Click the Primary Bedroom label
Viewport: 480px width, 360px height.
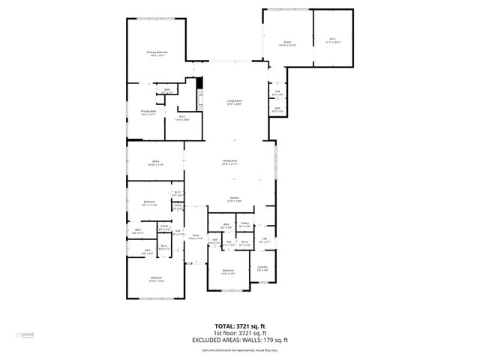click(x=157, y=53)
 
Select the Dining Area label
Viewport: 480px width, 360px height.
click(x=229, y=161)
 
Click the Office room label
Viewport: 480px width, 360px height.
click(x=155, y=162)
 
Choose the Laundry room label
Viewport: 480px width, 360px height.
click(x=262, y=268)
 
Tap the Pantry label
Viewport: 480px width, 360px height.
click(x=244, y=225)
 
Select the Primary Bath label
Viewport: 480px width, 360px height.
click(x=148, y=113)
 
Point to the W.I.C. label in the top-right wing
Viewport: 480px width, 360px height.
click(x=333, y=41)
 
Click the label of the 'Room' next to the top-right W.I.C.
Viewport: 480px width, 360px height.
click(x=287, y=43)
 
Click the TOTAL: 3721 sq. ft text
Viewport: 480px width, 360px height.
click(x=240, y=325)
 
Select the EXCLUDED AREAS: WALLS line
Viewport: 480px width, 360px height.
click(x=240, y=340)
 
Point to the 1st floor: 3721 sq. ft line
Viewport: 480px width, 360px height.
click(x=240, y=333)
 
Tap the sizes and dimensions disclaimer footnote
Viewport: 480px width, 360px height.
click(x=240, y=349)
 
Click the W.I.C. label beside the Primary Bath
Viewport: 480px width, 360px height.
click(x=182, y=118)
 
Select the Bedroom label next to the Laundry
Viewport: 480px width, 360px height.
click(x=228, y=271)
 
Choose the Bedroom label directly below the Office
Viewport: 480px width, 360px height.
click(x=149, y=202)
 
